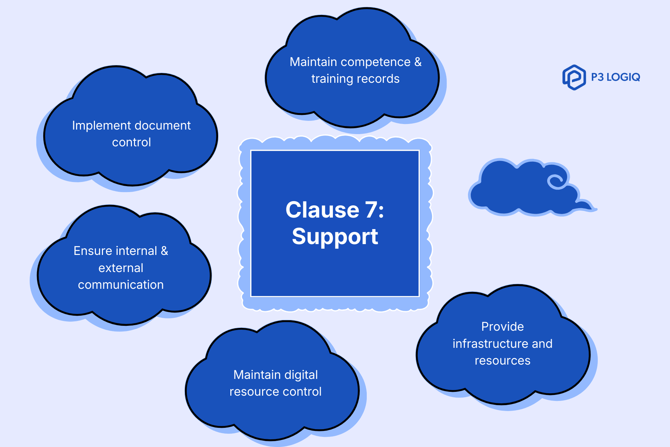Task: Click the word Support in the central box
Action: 335,237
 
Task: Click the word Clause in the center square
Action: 322,210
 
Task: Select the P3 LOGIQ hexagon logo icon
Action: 574,77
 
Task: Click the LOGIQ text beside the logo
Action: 623,77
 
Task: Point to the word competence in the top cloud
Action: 375,62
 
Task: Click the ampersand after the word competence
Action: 418,62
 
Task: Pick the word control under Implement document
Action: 132,142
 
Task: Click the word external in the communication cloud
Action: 121,268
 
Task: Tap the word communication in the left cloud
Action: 121,285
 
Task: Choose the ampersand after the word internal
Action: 164,251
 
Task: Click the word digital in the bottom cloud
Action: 301,375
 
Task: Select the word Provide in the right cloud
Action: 502,327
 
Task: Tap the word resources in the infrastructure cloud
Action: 502,361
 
